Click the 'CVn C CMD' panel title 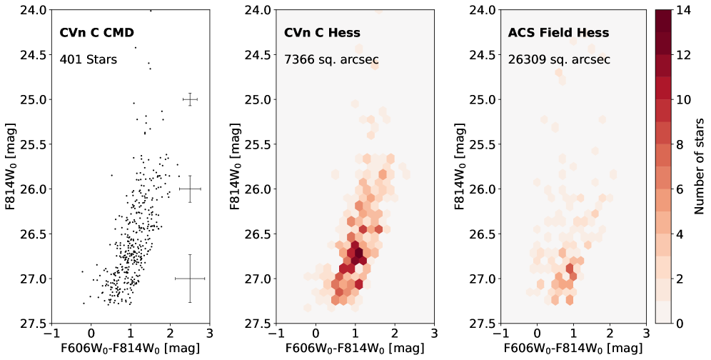coord(96,32)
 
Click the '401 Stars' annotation coord(89,59)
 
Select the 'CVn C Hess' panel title coord(322,32)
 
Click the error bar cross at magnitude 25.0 coord(190,99)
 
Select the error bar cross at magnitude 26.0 coord(190,189)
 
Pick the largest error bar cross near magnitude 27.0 coord(190,278)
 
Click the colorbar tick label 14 coord(682,10)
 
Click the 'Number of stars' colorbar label coord(701,166)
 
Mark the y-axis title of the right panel coord(458,166)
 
